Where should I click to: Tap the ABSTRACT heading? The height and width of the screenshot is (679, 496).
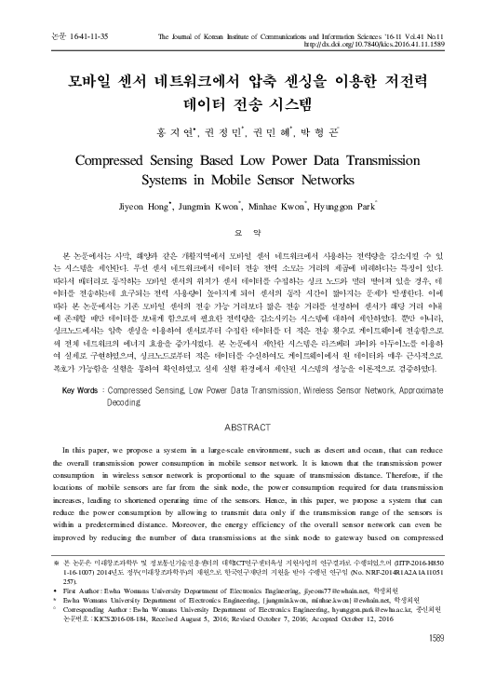pyautogui.click(x=248, y=428)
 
